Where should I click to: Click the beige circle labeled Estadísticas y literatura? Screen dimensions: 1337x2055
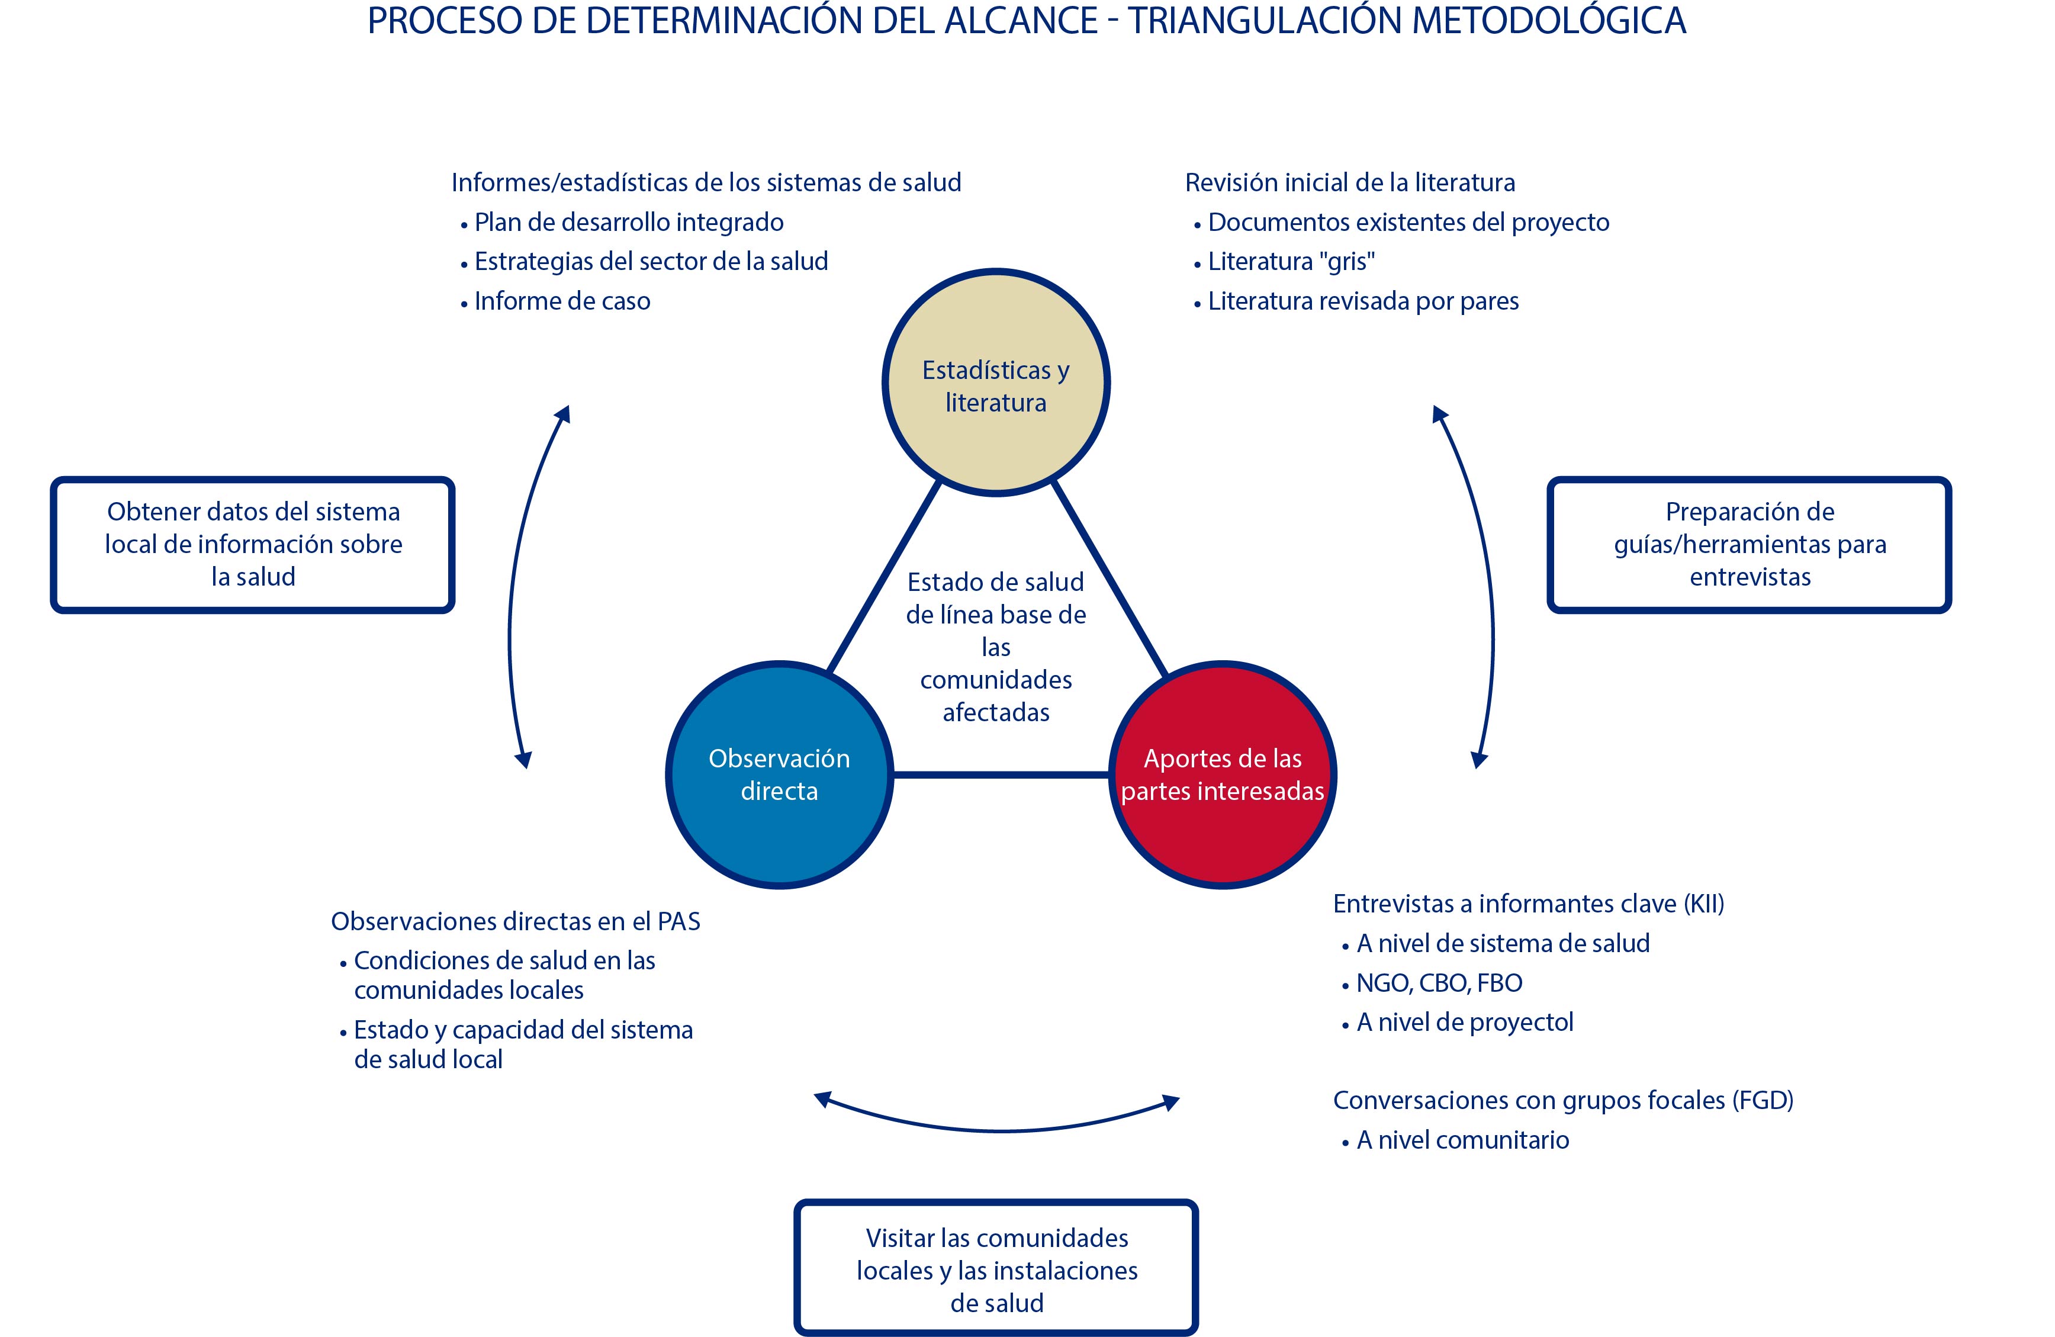996,383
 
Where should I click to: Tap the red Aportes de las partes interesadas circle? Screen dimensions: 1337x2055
1222,774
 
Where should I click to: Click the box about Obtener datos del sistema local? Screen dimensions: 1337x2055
253,544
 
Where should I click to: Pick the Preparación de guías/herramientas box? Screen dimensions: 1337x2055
1750,544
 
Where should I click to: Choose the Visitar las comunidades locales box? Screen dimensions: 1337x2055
996,1269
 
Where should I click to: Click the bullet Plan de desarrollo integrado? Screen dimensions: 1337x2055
629,223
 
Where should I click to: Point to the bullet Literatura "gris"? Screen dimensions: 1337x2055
1291,262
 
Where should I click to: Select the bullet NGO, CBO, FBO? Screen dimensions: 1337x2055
1439,983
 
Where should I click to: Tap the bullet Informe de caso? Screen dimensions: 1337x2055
562,301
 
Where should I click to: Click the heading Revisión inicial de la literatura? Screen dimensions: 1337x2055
1349,183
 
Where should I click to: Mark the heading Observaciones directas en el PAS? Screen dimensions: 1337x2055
516,921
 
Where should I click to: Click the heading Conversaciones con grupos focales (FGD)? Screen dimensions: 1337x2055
1563,1100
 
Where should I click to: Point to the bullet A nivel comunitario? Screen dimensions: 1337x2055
1463,1140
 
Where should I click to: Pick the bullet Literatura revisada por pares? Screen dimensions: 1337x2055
1362,301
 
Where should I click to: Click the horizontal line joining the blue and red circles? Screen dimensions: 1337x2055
1000,774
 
